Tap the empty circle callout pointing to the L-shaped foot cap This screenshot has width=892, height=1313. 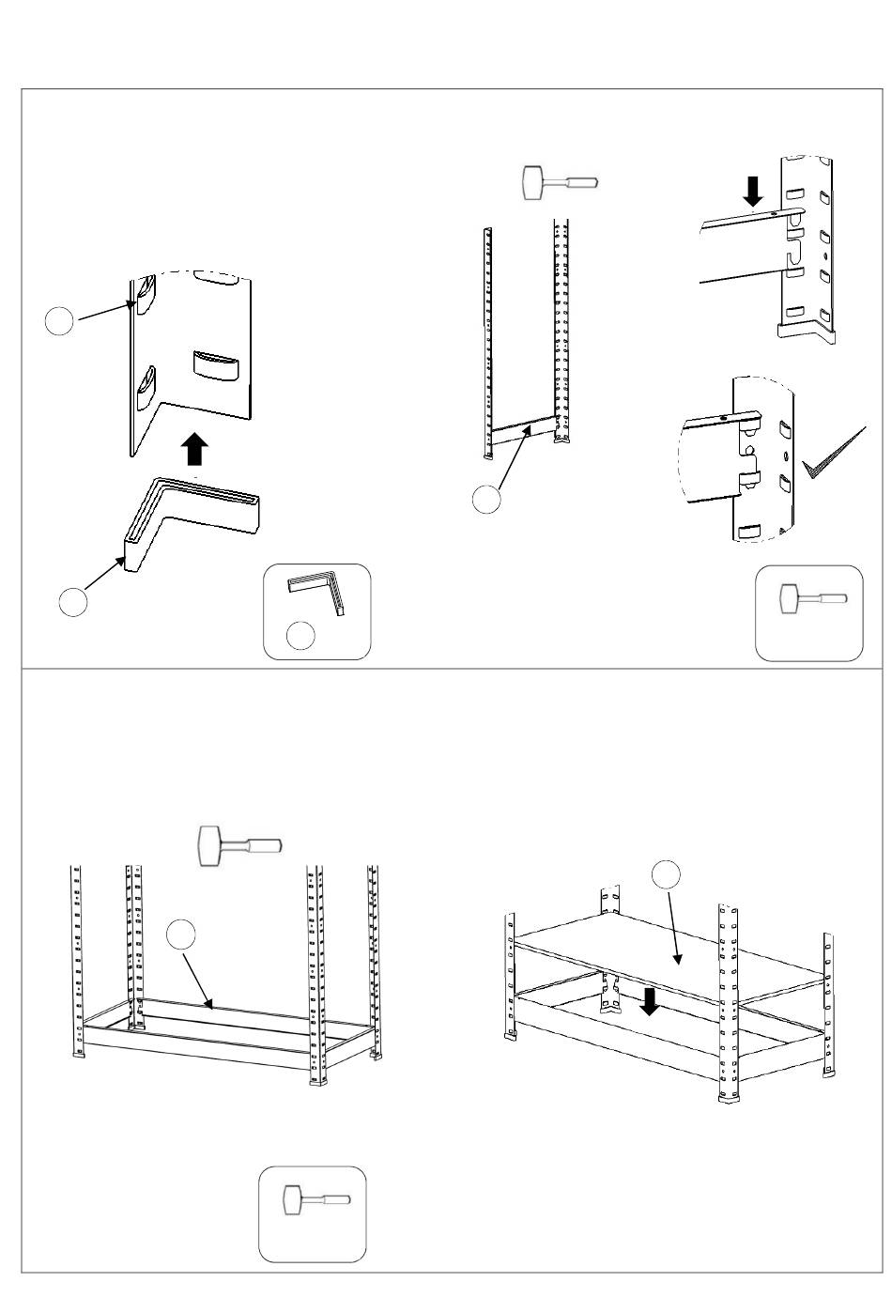coord(73,602)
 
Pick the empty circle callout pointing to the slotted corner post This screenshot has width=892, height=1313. coord(60,321)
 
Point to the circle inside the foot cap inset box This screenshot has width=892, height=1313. coord(300,636)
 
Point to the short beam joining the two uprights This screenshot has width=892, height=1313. coord(524,431)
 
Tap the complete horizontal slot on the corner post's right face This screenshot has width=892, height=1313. coord(217,364)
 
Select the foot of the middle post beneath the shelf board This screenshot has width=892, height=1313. coord(616,1009)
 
